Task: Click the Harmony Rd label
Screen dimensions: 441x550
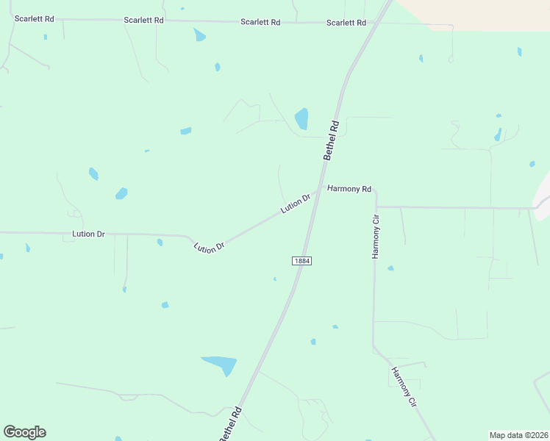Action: point(349,189)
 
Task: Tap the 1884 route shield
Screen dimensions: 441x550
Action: point(301,261)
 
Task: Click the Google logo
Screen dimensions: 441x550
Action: point(24,432)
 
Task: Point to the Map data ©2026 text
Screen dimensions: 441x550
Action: point(518,435)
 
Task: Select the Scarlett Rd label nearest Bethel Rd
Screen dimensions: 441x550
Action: point(346,23)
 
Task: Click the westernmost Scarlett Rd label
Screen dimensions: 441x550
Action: point(35,18)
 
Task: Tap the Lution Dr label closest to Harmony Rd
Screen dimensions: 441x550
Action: point(296,204)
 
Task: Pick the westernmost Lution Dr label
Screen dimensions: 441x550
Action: point(88,234)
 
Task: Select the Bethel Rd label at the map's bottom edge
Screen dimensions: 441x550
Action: point(229,425)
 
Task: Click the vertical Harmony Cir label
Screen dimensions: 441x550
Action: point(376,237)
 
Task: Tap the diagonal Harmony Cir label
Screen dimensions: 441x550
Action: point(404,387)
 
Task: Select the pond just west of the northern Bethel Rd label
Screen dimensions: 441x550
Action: point(301,118)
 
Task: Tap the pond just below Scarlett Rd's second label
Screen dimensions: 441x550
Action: point(199,35)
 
